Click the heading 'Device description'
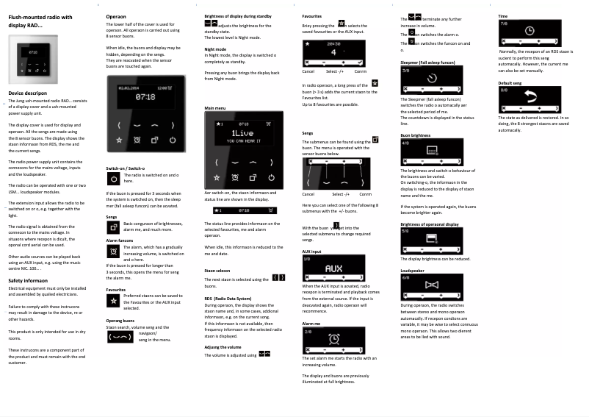(29, 93)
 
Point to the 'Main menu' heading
(215, 108)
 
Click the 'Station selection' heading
(217, 271)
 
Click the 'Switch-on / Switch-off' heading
(126, 168)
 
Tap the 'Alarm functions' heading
(120, 240)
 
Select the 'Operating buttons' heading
(120, 320)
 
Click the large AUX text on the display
(333, 268)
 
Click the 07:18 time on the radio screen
(145, 96)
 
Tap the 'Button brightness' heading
(416, 135)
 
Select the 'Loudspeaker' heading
(412, 271)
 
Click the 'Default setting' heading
(510, 83)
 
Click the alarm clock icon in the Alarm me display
(334, 338)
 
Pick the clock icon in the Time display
(530, 31)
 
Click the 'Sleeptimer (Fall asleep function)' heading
(427, 63)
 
